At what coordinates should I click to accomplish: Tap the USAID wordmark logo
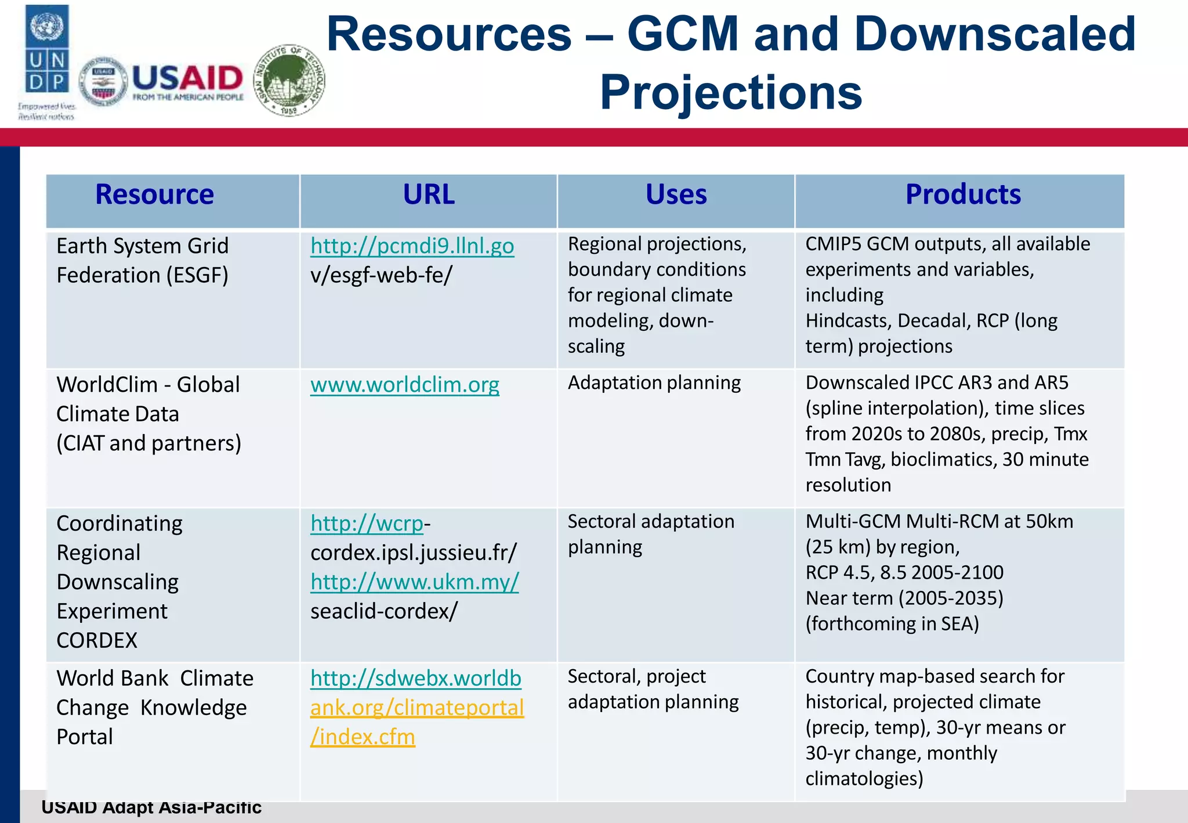point(187,81)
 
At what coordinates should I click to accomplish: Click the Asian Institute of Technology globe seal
point(289,80)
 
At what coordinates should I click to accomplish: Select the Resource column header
point(154,194)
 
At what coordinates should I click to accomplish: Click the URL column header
point(429,194)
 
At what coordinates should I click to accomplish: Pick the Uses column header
point(676,194)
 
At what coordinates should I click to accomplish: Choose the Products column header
point(963,194)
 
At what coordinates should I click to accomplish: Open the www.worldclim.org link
point(404,385)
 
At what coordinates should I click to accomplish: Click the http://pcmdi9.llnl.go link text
point(412,246)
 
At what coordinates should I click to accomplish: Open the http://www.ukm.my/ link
point(414,582)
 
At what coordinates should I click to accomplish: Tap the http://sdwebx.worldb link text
point(415,678)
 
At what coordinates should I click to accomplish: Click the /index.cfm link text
point(363,737)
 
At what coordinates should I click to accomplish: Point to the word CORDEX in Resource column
point(97,641)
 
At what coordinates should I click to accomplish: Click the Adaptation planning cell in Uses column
point(654,383)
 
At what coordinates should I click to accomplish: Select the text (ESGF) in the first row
point(197,275)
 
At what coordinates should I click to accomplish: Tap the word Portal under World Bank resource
point(85,737)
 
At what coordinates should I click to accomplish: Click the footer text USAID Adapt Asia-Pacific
point(151,807)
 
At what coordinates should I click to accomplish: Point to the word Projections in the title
point(731,93)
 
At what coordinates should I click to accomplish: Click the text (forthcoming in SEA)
point(892,624)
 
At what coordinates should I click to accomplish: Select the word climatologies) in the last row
point(864,779)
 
